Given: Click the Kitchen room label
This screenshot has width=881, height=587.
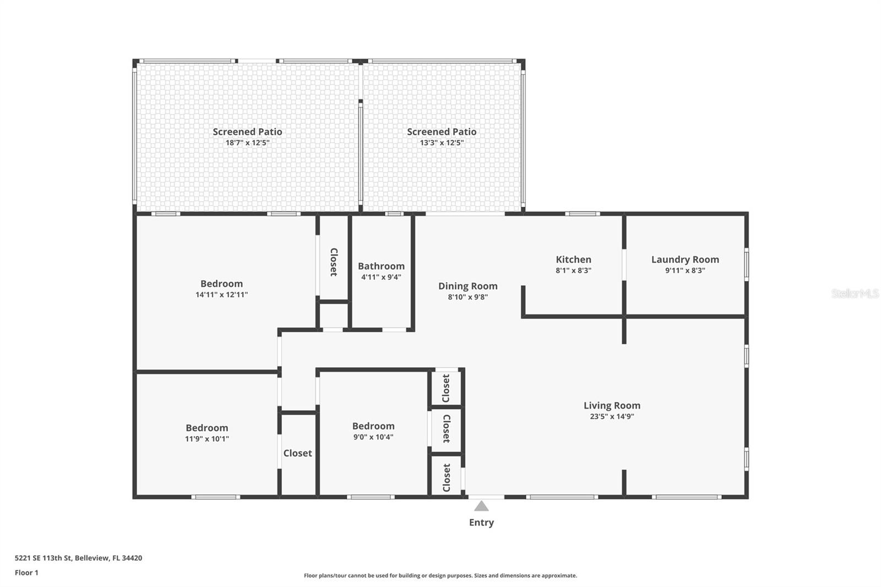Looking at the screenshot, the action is point(573,260).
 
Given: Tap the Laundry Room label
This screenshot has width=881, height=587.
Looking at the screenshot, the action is point(685,260).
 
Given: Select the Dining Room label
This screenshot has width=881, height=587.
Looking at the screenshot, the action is point(467,286).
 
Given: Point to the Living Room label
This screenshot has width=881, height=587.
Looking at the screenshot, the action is point(612,406).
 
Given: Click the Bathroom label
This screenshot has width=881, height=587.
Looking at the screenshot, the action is point(381,267).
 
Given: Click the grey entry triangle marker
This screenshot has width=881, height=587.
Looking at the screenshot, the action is point(481,506).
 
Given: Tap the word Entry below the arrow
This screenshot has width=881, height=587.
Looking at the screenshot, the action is point(481,523).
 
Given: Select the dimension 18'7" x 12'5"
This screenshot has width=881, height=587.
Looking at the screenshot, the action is point(247,143).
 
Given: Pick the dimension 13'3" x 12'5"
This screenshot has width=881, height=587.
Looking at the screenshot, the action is point(442,143).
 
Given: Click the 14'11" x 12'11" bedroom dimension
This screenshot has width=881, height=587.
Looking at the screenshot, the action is point(222,294).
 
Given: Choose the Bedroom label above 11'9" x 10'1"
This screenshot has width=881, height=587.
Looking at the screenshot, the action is point(207,428).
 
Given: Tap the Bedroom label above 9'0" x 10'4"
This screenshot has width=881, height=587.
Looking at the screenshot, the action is point(373,426).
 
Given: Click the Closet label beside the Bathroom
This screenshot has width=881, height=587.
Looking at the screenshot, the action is point(334,262).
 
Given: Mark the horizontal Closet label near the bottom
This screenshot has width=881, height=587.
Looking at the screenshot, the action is point(298,453).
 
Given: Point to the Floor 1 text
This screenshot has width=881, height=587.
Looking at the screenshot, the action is point(27,573).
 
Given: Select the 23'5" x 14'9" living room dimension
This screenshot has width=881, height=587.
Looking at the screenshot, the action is point(612,416).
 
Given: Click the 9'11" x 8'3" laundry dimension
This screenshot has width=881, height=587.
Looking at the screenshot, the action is point(685,270).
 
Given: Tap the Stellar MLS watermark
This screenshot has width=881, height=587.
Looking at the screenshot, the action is point(855,293).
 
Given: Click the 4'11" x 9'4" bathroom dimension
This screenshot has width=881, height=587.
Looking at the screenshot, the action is point(381,277).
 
